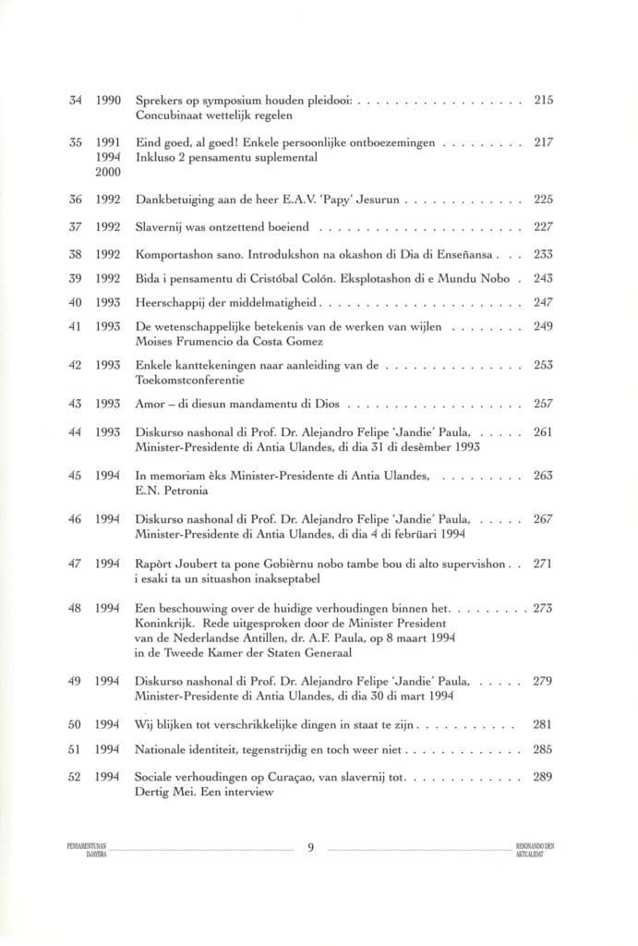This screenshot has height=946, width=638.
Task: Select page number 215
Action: pos(543,98)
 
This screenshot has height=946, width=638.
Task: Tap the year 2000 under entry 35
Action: pos(110,173)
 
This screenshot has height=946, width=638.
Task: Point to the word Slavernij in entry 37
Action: pos(158,226)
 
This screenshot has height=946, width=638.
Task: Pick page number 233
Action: pos(543,253)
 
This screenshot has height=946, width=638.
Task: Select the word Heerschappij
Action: pos(173,301)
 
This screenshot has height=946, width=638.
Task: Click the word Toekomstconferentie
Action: pos(192,378)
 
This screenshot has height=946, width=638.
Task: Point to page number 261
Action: pos(543,431)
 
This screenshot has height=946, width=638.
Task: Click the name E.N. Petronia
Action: pos(166,491)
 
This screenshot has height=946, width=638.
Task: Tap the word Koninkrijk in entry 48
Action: pos(165,623)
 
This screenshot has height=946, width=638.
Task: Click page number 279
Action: pos(543,680)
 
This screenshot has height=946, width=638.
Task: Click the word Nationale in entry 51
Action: pos(163,749)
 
